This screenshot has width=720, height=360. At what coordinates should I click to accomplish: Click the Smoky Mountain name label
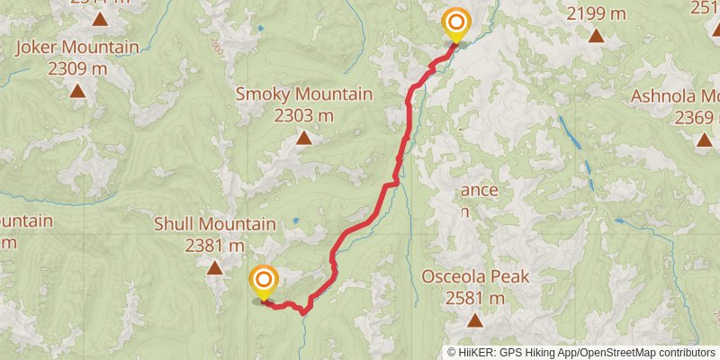pos(303,94)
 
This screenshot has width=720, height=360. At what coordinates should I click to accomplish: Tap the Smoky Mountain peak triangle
pos(303,138)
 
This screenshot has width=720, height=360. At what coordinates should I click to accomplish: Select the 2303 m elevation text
pos(303,115)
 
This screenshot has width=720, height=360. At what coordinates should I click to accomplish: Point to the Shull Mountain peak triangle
pos(214,267)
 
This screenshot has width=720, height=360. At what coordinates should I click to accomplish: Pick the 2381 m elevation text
pos(214,245)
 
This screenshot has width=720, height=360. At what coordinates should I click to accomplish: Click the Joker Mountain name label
pos(77,48)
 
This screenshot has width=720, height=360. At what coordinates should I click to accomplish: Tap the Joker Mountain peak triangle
pos(77,90)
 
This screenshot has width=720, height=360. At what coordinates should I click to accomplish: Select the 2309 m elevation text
pos(77,68)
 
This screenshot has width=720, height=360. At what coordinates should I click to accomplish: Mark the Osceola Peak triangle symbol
pos(475,320)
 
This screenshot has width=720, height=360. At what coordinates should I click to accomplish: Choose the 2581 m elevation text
pos(475,298)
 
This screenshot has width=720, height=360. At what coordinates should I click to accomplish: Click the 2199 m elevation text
pos(596,13)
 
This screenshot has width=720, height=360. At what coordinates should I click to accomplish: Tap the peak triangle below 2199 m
pos(596,36)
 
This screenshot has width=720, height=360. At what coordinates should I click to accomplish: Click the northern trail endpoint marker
pos(456,23)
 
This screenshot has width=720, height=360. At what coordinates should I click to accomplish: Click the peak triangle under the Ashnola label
pos(704,139)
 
